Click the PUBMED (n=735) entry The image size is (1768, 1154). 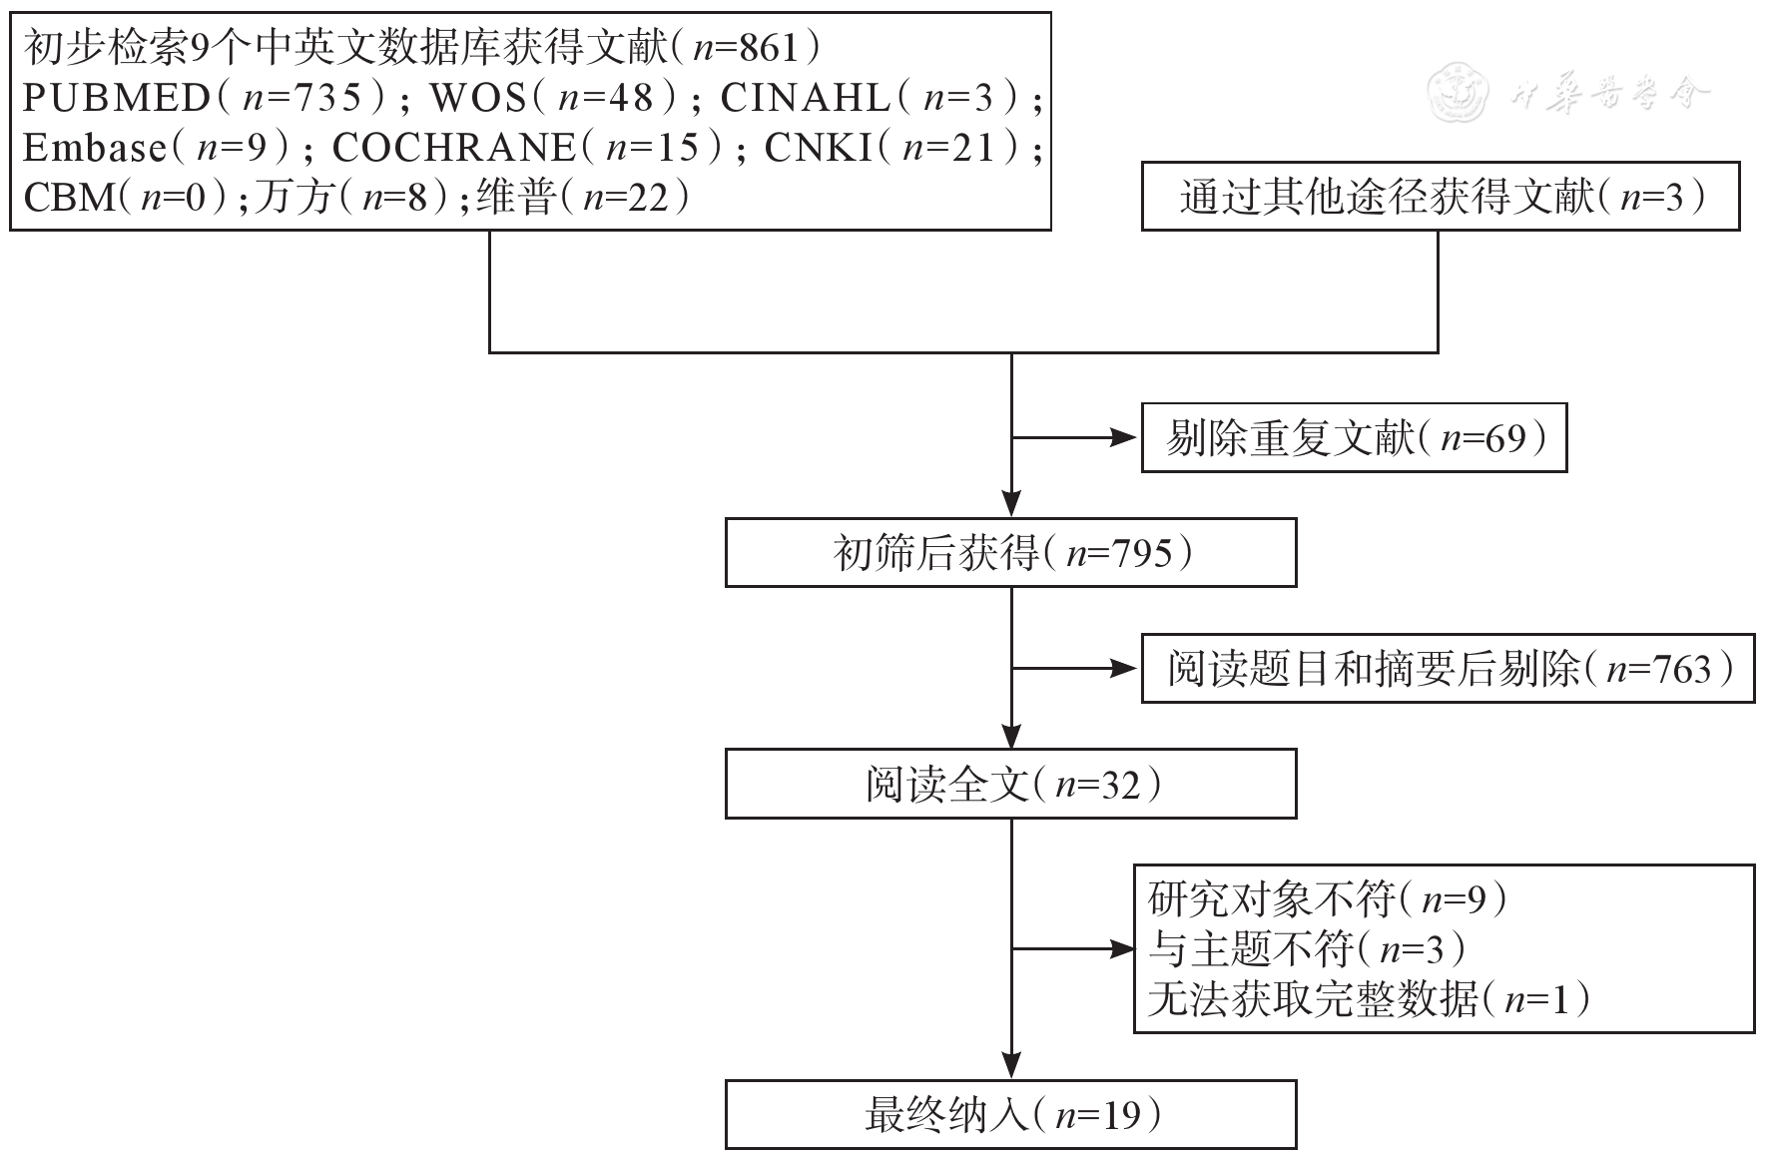(205, 98)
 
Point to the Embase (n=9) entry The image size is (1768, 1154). (156, 148)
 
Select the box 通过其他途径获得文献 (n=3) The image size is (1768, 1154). (1440, 197)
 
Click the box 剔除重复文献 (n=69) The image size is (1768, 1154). (1354, 438)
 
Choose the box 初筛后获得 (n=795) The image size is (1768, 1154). (1010, 553)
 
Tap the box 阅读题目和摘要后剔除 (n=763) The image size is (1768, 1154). (1448, 669)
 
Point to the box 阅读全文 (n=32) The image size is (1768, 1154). (1010, 785)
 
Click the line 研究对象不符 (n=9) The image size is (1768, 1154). (1328, 898)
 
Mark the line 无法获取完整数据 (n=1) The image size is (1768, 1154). (1368, 998)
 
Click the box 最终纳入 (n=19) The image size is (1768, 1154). (1010, 1114)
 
